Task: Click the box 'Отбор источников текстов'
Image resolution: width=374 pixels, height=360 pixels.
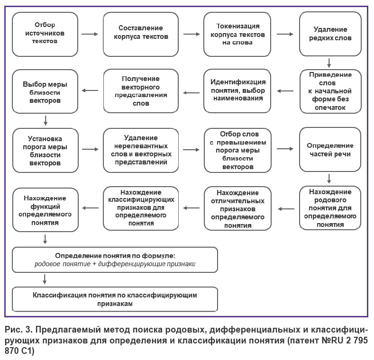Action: (x=45, y=34)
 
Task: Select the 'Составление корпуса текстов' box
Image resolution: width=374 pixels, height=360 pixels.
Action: (x=141, y=34)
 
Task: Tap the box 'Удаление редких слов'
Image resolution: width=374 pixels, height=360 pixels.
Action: (x=330, y=34)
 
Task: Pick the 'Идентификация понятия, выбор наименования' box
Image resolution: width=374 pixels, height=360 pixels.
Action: (x=237, y=91)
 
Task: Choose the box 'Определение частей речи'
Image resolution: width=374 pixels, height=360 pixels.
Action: (x=330, y=150)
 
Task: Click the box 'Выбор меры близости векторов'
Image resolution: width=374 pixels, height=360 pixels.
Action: (x=45, y=91)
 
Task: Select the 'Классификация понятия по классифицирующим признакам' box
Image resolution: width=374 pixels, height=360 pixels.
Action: (x=115, y=299)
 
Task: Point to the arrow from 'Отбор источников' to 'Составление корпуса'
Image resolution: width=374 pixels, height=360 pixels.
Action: (x=90, y=34)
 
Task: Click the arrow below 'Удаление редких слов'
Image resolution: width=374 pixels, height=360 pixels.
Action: (x=329, y=63)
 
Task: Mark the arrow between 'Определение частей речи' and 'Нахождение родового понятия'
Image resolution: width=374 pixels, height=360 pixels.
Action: (x=329, y=179)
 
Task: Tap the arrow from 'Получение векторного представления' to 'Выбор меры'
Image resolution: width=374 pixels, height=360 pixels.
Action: (x=90, y=90)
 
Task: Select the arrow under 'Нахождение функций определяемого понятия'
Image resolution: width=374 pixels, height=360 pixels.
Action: (x=45, y=239)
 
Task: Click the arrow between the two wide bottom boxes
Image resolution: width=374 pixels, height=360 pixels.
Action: (x=45, y=279)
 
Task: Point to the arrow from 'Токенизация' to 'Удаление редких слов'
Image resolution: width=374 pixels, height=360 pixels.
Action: (x=285, y=34)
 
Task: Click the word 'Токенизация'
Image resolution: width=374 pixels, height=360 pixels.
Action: (x=238, y=26)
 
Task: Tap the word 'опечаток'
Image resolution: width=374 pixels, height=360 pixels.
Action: (x=330, y=108)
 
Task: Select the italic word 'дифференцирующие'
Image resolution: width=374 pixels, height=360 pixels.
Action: (x=132, y=264)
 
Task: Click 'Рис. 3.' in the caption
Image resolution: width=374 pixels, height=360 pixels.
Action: (x=18, y=330)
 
